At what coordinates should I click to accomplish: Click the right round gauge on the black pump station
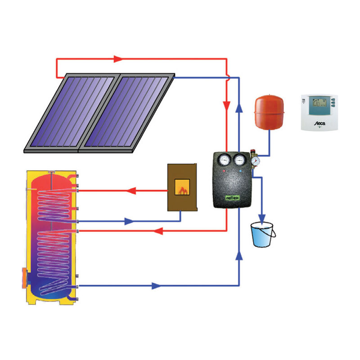[x=238, y=159]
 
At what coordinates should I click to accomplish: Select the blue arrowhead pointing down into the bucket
[x=262, y=217]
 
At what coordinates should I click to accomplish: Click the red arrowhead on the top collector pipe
[x=118, y=58]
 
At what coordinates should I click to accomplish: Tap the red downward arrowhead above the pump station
[x=227, y=106]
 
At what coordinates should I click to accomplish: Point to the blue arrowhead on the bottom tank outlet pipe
[x=156, y=286]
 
